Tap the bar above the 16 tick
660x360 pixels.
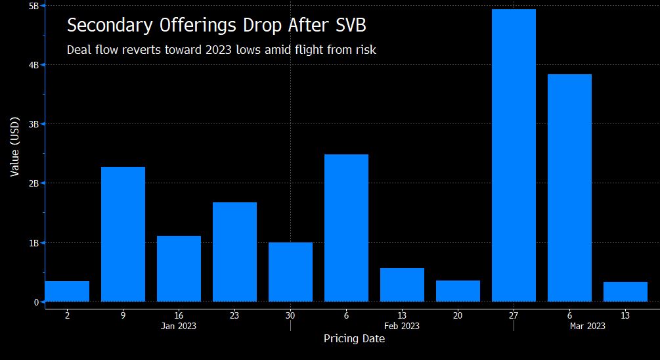tap(179, 269)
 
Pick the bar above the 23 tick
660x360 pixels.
tap(234, 252)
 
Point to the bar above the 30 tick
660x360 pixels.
tap(290, 272)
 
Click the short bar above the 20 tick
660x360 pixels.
tap(458, 291)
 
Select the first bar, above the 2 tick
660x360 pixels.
tap(67, 292)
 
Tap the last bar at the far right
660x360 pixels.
tap(625, 292)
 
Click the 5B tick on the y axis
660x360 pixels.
tap(34, 6)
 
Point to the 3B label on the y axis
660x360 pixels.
tap(34, 124)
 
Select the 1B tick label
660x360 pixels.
tap(34, 243)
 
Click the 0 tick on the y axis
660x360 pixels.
tap(36, 302)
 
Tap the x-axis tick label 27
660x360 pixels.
tap(514, 315)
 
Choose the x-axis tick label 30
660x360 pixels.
tap(290, 315)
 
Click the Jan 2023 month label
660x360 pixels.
tap(179, 326)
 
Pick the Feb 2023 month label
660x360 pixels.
tap(402, 326)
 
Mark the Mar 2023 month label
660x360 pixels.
tap(588, 326)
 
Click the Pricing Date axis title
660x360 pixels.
tap(354, 339)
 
